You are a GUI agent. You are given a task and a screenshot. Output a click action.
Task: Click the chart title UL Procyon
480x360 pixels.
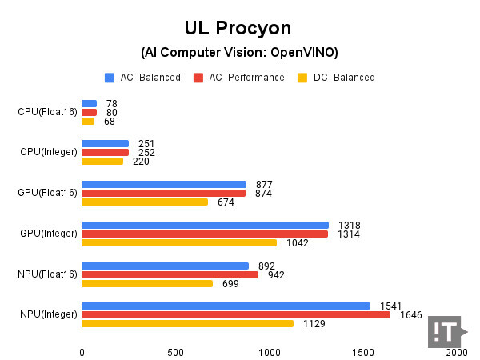pos(240,29)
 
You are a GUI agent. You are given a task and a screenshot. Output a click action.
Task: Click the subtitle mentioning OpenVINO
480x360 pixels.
pos(240,53)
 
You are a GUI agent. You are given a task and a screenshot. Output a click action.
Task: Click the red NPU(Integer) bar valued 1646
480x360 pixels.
pos(236,314)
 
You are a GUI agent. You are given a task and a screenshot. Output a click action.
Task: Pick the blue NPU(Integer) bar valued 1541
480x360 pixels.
pos(226,306)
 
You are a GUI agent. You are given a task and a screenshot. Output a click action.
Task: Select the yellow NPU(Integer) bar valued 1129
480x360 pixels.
pos(187,323)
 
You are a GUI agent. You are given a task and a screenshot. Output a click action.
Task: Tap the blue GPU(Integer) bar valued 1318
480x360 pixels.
pos(205,225)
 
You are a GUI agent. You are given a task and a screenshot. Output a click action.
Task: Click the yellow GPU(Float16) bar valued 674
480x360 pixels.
pos(145,202)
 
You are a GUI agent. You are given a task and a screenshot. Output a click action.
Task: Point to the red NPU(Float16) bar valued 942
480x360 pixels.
pos(170,274)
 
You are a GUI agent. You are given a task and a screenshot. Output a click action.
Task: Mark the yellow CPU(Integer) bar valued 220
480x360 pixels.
pos(102,161)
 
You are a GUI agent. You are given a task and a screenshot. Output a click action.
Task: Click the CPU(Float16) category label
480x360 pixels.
pos(47,112)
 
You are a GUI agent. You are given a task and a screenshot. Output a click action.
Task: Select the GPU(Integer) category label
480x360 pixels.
pos(48,234)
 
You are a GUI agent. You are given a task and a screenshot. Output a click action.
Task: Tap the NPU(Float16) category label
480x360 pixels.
pos(47,274)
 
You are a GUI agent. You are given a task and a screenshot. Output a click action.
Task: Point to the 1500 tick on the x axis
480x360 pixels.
pos(362,352)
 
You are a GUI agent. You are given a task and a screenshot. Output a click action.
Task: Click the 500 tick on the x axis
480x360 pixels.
pos(175,352)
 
